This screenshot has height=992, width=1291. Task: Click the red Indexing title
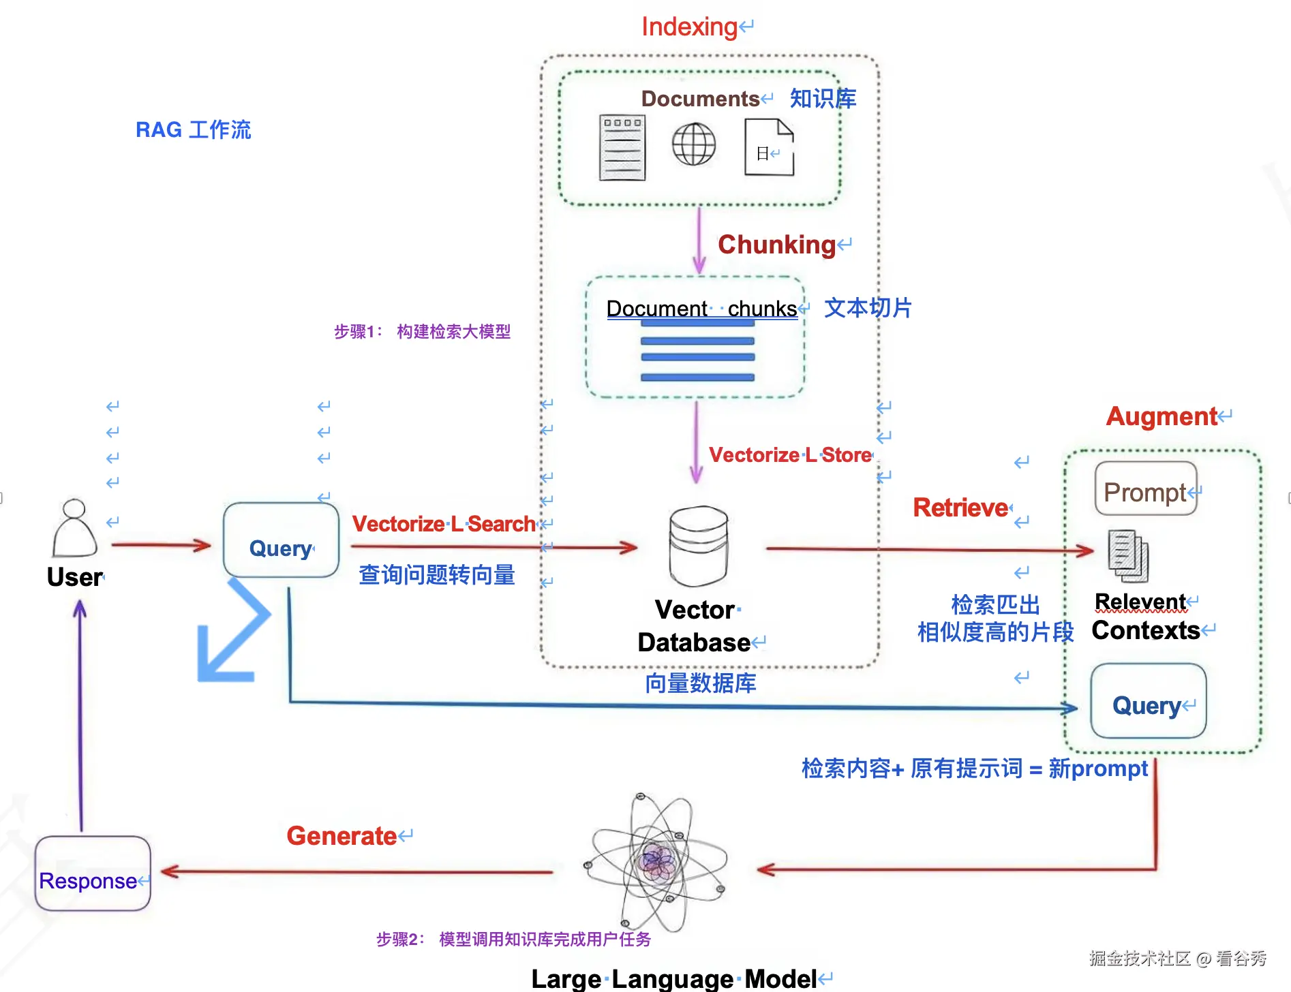point(689,27)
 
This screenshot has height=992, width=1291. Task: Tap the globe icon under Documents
point(693,144)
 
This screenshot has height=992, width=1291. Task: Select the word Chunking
point(776,245)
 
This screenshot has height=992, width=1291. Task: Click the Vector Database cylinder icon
point(699,546)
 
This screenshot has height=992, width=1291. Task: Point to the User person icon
point(74,529)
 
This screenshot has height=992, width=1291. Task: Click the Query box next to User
point(281,541)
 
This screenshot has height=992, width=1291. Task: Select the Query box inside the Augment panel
point(1148,701)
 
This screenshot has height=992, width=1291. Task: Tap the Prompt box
point(1146,489)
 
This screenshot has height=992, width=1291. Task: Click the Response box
point(93,873)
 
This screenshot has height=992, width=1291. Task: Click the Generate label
point(341,836)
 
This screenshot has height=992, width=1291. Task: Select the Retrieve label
point(960,508)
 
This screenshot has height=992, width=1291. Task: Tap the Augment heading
point(1161,416)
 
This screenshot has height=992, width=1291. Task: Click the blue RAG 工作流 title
point(194,129)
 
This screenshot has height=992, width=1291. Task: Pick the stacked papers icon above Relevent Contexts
point(1128,556)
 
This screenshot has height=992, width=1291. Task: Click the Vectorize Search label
point(444,524)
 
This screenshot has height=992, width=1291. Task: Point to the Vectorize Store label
point(790,455)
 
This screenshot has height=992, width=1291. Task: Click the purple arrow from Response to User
point(80,715)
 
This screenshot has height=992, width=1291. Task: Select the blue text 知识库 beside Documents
point(823,99)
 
